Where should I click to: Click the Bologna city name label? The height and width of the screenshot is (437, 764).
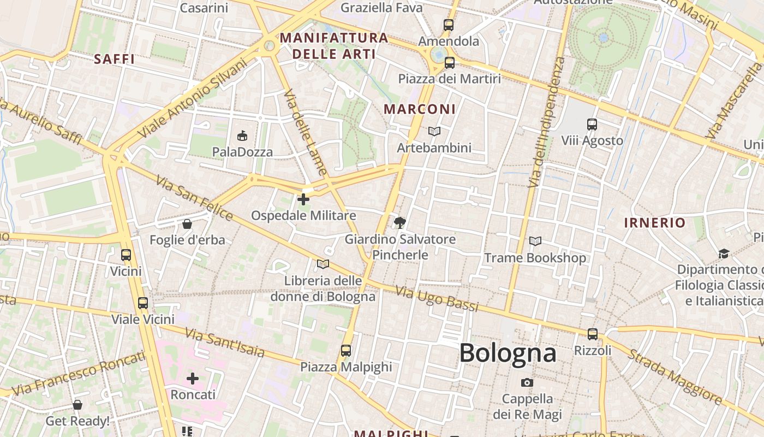pos(508,353)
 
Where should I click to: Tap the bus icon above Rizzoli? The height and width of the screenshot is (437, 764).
pos(593,334)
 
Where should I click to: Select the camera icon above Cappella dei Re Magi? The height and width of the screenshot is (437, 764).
pos(527,382)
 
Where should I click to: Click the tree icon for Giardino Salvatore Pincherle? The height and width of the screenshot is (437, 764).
pos(399,222)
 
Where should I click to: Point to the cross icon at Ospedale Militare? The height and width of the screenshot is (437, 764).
pos(303,199)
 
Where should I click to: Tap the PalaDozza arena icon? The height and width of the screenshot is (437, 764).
pos(242,135)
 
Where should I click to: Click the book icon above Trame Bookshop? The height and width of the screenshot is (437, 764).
pos(535,241)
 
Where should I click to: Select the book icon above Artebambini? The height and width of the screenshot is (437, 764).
pos(434,131)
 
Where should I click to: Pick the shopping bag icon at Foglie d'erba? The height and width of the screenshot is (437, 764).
pos(187,224)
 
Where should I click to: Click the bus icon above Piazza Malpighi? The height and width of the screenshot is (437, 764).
pos(346,350)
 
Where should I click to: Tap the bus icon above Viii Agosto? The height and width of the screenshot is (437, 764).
pos(592,124)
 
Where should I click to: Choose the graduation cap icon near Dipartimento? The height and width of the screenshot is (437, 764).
pos(724,253)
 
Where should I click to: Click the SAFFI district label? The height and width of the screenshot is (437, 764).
pos(114,59)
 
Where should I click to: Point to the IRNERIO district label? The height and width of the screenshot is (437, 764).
pos(655,222)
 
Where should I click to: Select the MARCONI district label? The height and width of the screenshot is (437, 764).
pos(419,109)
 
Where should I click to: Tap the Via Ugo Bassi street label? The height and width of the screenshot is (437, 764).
pos(437,298)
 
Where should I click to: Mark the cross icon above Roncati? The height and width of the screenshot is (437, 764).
pos(193,378)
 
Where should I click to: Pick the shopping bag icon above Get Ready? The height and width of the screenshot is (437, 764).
pos(77,405)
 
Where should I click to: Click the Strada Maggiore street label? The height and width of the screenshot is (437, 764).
pos(675,376)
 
